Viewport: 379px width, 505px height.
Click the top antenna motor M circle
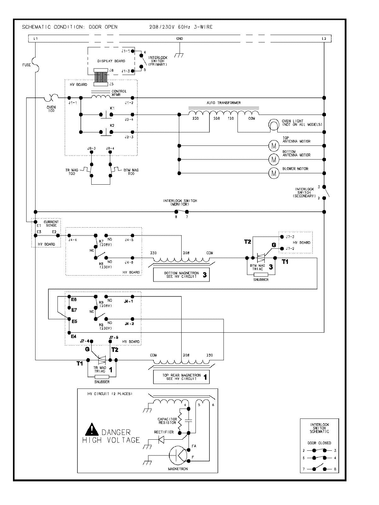[x=274, y=146]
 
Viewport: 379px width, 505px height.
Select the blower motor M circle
[x=274, y=173]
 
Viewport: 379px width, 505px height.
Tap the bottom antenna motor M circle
[x=274, y=159]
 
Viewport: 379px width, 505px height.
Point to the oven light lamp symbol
[x=273, y=125]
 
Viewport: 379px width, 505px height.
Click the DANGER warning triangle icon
[x=92, y=430]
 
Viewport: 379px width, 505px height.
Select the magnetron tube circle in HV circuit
[x=179, y=454]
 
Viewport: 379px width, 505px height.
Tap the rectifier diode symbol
[x=161, y=439]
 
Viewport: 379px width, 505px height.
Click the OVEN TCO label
[x=51, y=109]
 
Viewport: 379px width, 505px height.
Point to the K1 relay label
[x=112, y=108]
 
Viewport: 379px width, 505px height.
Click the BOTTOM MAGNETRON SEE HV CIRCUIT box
[x=181, y=275]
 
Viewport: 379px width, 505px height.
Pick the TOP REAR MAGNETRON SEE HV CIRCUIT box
[x=181, y=377]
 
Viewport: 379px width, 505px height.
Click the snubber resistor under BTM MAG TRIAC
[x=261, y=274]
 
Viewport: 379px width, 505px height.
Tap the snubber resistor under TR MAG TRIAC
[x=102, y=377]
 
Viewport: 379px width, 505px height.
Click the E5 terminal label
[x=74, y=321]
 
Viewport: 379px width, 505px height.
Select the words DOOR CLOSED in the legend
[x=319, y=443]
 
